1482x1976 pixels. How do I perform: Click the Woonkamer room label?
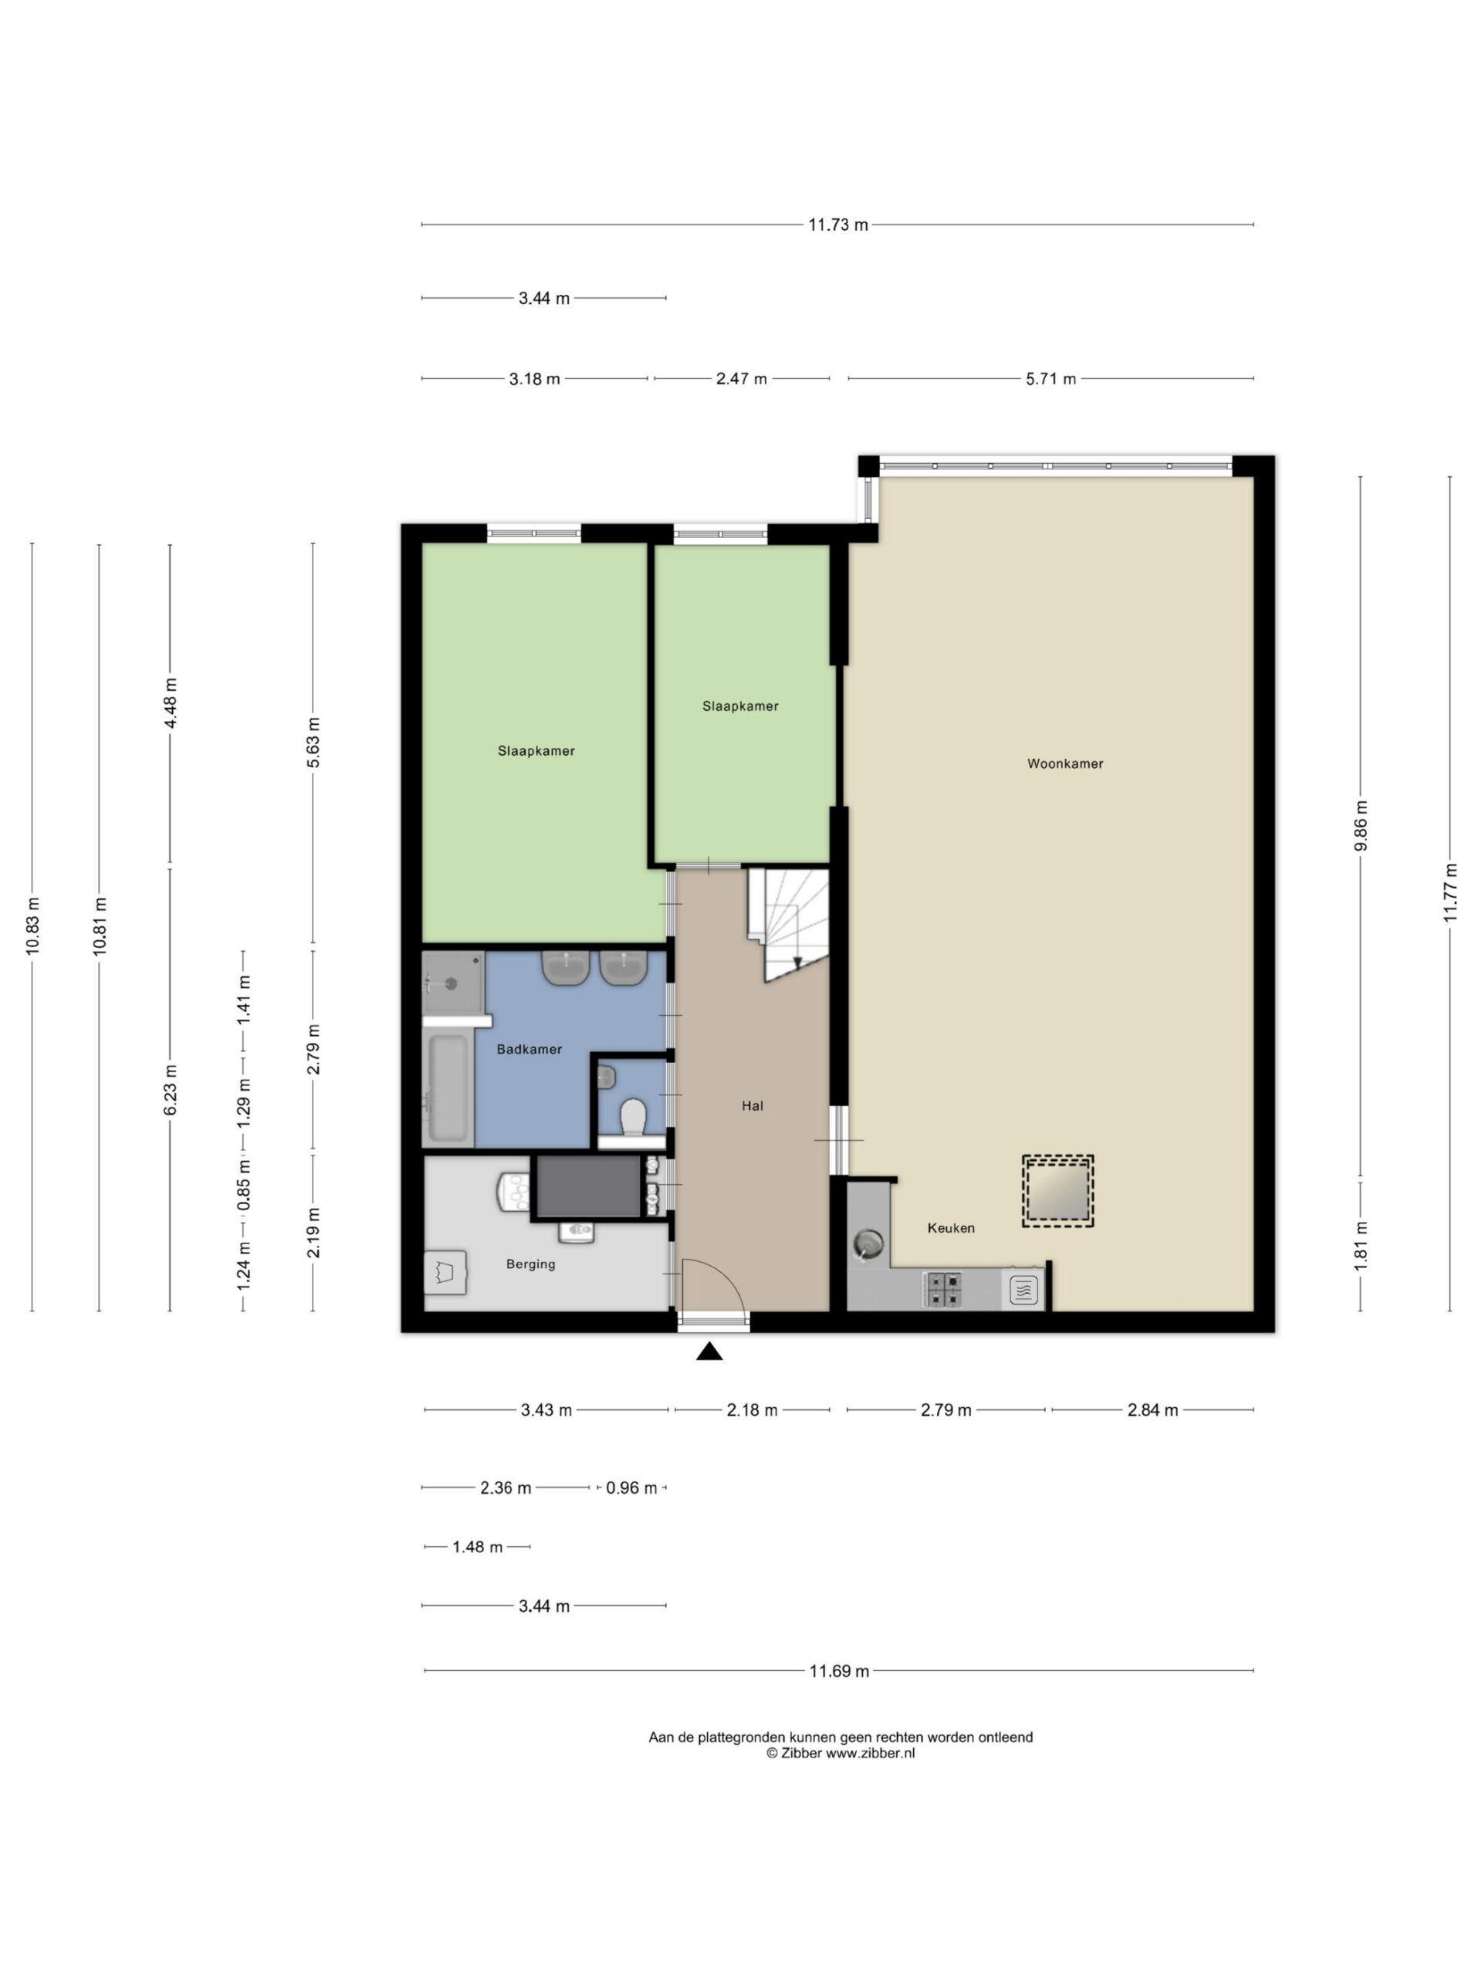[x=1064, y=764]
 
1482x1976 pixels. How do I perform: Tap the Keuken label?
[x=950, y=1228]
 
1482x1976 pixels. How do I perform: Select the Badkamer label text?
[x=529, y=1050]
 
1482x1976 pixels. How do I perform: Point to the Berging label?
[x=530, y=1264]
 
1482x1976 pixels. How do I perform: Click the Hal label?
[x=752, y=1106]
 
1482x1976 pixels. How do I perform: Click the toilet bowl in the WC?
[x=634, y=1118]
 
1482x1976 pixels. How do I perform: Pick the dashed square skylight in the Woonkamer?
[x=1057, y=1192]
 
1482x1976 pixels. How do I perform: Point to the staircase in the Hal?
[x=788, y=925]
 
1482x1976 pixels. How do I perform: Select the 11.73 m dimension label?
[x=838, y=225]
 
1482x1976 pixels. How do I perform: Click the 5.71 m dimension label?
[x=1051, y=379]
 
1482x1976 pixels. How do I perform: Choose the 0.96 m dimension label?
[x=631, y=1488]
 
